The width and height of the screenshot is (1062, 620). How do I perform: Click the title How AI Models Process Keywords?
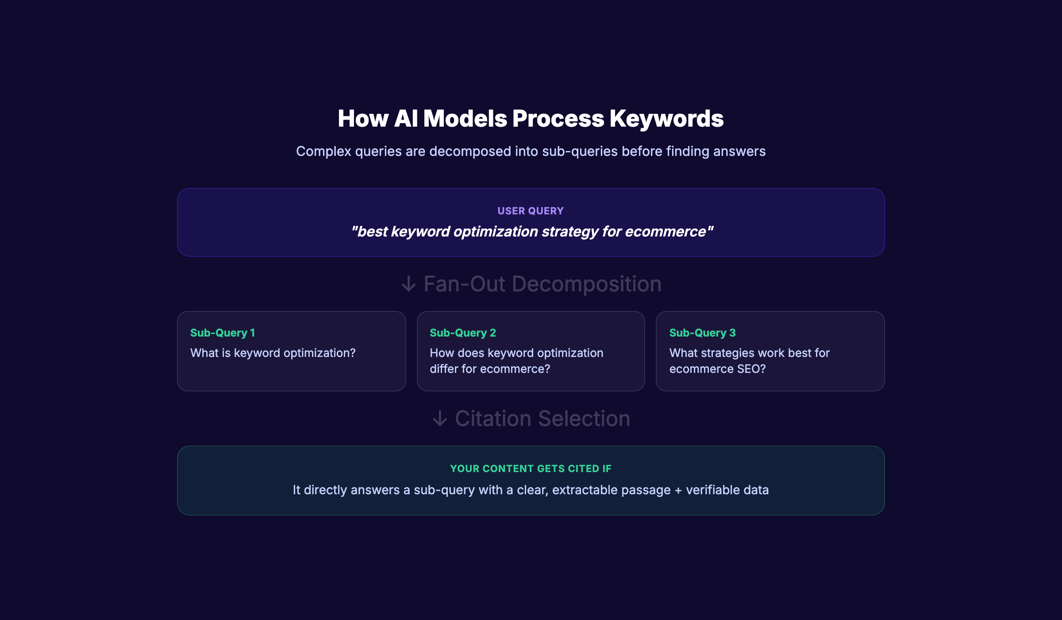point(531,119)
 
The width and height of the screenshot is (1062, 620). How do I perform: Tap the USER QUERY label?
point(531,211)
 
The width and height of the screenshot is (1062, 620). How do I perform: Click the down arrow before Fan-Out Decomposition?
point(408,284)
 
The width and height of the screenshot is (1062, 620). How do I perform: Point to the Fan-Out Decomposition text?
point(543,284)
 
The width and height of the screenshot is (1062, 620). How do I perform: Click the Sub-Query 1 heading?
point(223,333)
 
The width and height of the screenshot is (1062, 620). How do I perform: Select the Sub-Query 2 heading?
point(463,333)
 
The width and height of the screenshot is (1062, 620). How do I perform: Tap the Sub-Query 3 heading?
point(702,333)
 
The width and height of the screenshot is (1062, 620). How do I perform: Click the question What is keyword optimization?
point(273,353)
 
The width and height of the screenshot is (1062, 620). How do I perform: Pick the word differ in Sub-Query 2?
point(444,369)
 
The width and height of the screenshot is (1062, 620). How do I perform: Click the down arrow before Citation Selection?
point(440,418)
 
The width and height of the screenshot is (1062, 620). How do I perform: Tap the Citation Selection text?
point(543,418)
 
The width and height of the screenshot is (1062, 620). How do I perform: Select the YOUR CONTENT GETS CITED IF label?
point(531,469)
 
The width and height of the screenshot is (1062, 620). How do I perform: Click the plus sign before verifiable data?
point(678,490)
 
